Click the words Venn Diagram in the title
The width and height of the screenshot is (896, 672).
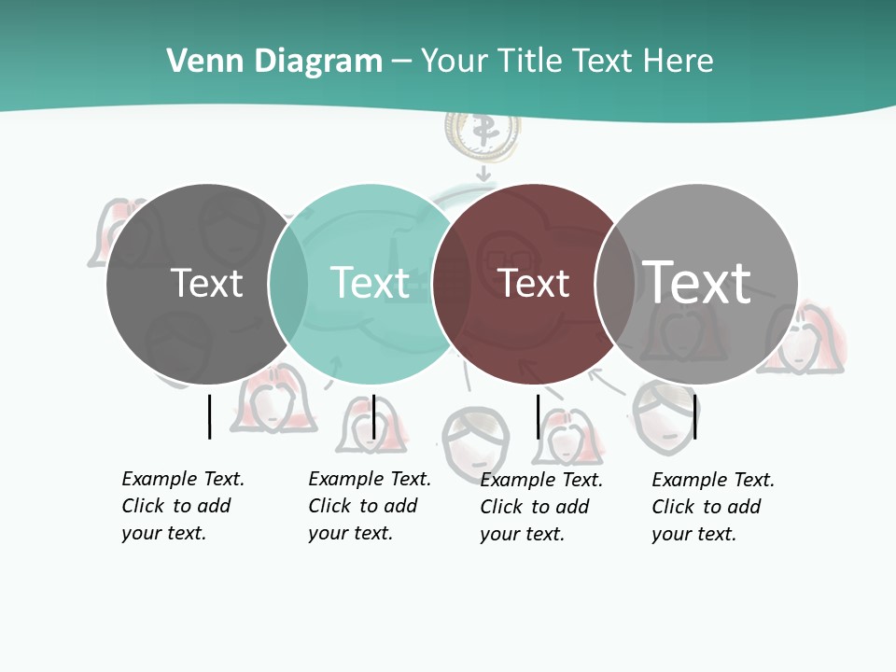click(x=274, y=62)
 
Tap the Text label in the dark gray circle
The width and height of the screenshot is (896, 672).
click(x=206, y=283)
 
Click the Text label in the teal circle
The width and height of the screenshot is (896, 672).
click(x=370, y=283)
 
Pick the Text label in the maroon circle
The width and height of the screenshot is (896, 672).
click(x=534, y=283)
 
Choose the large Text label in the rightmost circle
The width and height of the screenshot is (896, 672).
click(x=697, y=282)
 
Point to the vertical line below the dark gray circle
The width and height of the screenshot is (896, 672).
click(x=209, y=416)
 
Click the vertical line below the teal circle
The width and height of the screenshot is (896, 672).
click(x=373, y=416)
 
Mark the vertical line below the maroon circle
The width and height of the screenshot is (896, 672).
click(x=538, y=416)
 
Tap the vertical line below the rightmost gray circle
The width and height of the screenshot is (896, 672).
click(x=694, y=416)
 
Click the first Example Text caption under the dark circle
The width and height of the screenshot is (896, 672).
click(x=182, y=506)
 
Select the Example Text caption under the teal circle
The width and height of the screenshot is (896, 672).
click(x=369, y=506)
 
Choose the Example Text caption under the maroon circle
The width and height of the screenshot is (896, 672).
click(x=540, y=507)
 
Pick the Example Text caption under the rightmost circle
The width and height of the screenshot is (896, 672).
click(x=712, y=507)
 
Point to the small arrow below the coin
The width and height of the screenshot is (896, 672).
click(x=483, y=174)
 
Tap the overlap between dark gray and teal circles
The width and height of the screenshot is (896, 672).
click(x=288, y=283)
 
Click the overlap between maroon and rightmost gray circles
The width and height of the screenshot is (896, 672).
click(x=615, y=283)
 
